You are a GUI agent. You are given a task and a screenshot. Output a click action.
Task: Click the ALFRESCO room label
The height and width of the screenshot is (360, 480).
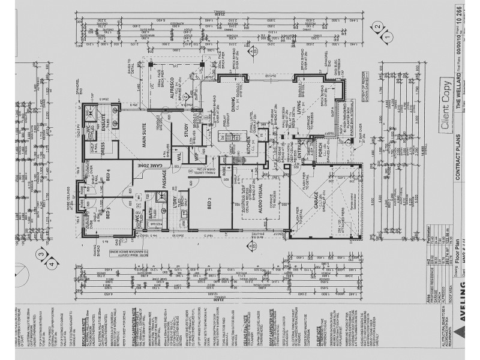coord(170,87)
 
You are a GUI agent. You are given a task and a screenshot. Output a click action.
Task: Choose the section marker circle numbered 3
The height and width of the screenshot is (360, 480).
coord(41,254)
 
